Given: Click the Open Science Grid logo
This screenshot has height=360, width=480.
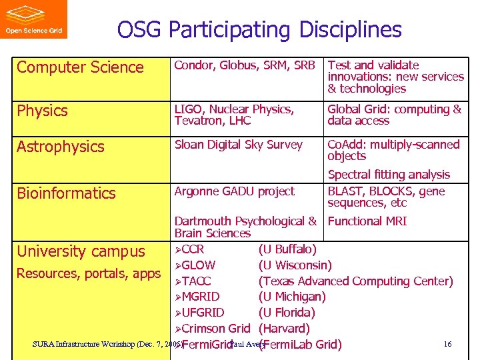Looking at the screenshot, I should pyautogui.click(x=33, y=19).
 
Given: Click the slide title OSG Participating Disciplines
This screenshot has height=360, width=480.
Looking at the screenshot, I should pyautogui.click(x=259, y=29).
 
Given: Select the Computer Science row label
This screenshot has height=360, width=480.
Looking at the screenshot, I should pyautogui.click(x=80, y=67).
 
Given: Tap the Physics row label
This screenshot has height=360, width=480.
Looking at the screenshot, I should pyautogui.click(x=42, y=111).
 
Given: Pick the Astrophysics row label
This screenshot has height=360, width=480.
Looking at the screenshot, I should pyautogui.click(x=61, y=147).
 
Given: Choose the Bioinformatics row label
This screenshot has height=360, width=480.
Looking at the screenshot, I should pyautogui.click(x=66, y=193).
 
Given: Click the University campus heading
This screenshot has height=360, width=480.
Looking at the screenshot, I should pyautogui.click(x=81, y=251).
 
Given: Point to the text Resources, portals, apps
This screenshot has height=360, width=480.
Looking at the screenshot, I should pyautogui.click(x=89, y=273).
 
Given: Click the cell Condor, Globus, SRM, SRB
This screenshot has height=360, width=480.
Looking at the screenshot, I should pyautogui.click(x=244, y=65).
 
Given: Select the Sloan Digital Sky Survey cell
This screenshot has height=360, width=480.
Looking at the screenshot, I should pyautogui.click(x=238, y=145).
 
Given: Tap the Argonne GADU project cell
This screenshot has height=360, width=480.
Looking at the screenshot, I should pyautogui.click(x=234, y=191).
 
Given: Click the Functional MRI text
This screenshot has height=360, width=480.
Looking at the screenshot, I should pyautogui.click(x=367, y=221).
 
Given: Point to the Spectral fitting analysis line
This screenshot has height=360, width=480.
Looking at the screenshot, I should pyautogui.click(x=389, y=175).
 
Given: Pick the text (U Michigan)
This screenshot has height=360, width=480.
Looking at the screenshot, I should pyautogui.click(x=291, y=297).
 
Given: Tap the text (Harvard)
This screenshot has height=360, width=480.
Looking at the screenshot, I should pyautogui.click(x=284, y=329).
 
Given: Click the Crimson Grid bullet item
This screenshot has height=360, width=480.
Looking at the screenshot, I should pyautogui.click(x=215, y=329).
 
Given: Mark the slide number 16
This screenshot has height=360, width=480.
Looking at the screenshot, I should pyautogui.click(x=447, y=344).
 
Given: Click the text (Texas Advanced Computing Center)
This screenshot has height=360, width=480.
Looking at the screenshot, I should pyautogui.click(x=355, y=281).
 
